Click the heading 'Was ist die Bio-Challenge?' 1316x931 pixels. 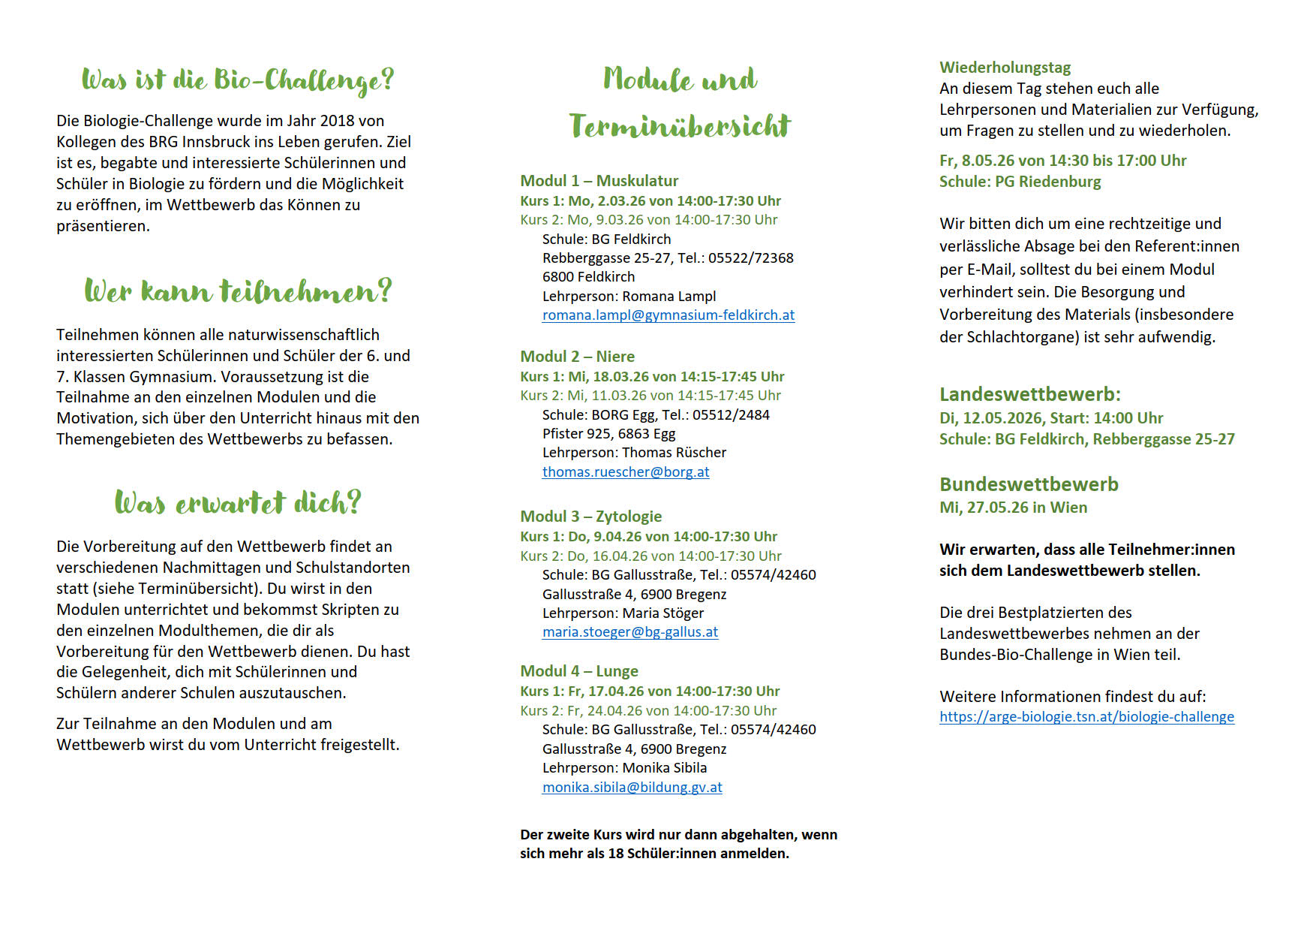click(x=237, y=80)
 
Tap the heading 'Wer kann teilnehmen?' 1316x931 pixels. click(x=237, y=291)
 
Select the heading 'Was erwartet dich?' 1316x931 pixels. click(x=237, y=502)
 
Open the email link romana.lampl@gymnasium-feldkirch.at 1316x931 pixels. click(x=668, y=315)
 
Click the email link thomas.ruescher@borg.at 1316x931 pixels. click(x=625, y=472)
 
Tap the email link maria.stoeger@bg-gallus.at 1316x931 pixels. click(x=629, y=632)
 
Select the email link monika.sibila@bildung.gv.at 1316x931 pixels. click(x=632, y=788)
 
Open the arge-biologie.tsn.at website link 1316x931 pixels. click(x=1086, y=717)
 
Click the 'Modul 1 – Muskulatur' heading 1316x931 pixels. click(x=599, y=181)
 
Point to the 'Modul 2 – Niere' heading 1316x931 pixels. click(x=577, y=357)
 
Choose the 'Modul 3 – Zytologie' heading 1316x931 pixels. click(x=590, y=517)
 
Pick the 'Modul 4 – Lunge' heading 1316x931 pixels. click(x=578, y=671)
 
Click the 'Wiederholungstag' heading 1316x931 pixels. click(x=1005, y=68)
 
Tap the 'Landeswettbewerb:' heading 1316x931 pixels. click(x=1029, y=395)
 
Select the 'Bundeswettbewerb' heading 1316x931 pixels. click(x=1029, y=485)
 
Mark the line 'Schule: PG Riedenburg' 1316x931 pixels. click(x=1020, y=182)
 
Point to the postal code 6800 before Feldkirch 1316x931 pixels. click(x=557, y=277)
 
